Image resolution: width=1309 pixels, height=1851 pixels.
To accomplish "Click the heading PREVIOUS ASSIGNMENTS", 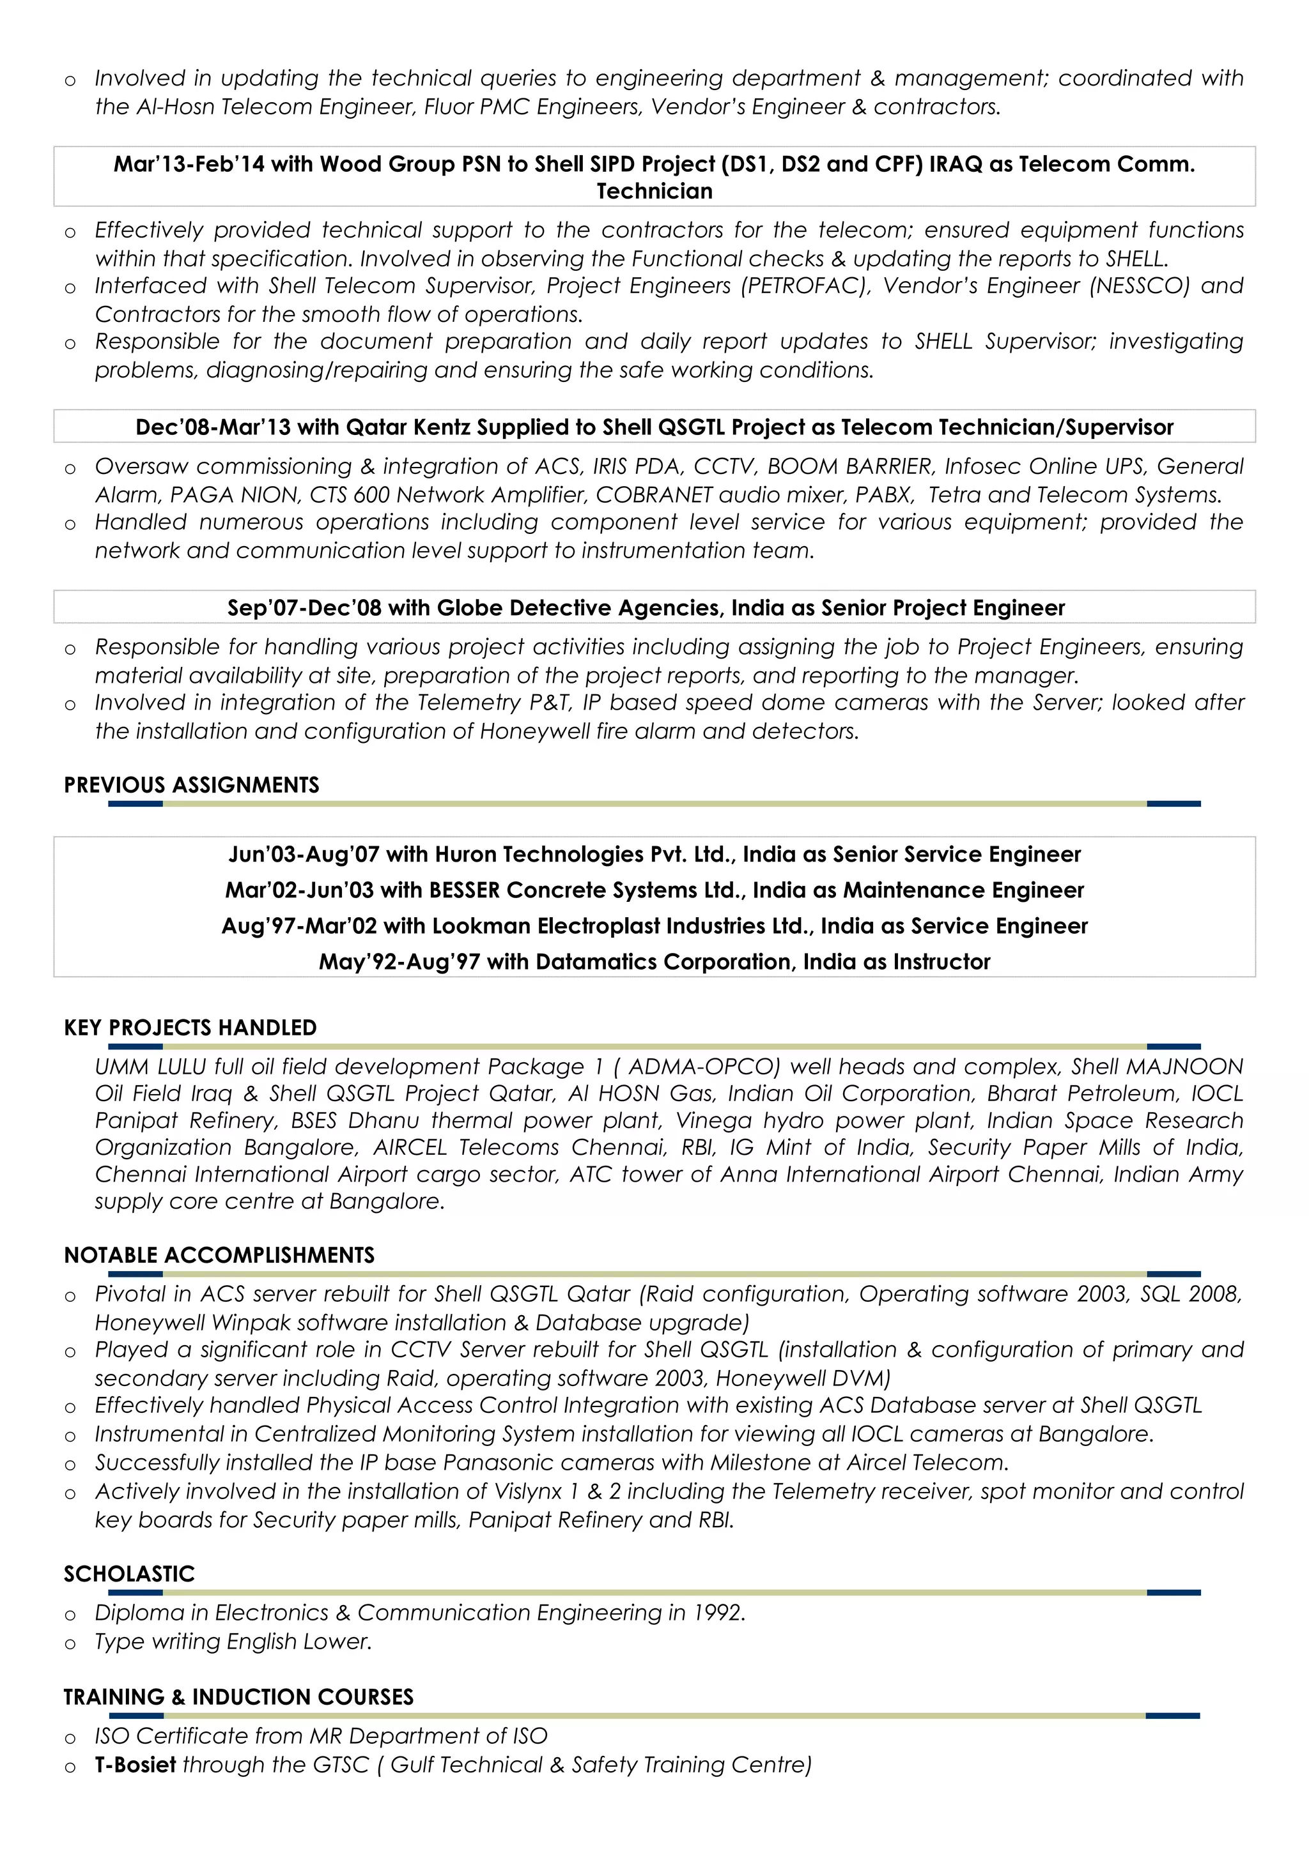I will pyautogui.click(x=191, y=784).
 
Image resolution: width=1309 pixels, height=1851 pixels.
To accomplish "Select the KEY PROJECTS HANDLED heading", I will pyautogui.click(x=190, y=1027).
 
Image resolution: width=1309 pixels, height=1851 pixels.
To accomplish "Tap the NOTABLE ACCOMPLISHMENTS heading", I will pyautogui.click(x=219, y=1254).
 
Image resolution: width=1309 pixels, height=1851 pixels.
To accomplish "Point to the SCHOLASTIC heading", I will pyautogui.click(x=129, y=1573).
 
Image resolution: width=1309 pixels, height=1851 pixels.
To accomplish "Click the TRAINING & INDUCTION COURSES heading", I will pyautogui.click(x=239, y=1696).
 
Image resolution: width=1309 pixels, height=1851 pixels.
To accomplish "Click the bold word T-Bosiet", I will pyautogui.click(x=136, y=1765).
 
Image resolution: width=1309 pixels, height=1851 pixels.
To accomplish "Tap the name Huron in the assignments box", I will pyautogui.click(x=465, y=855).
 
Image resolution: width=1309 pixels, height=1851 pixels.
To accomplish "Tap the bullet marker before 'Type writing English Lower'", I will pyautogui.click(x=70, y=1643).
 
